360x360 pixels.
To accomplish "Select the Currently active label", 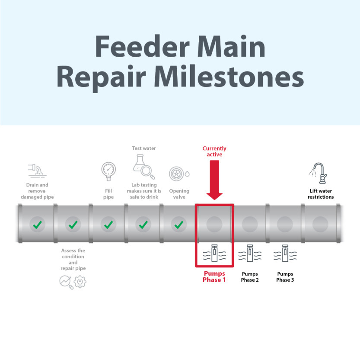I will tap(214, 151).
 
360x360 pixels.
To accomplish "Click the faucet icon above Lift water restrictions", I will tap(319, 173).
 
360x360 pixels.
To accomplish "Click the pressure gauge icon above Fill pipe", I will tap(108, 171).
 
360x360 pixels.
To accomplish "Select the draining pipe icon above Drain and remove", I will tap(37, 170).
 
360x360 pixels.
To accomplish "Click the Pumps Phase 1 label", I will tap(214, 276).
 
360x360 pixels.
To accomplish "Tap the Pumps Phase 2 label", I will tap(250, 277).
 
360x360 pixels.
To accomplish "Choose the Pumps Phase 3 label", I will tap(285, 277).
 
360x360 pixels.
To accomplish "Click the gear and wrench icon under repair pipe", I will tap(80, 282).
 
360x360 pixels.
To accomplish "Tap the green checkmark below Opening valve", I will tap(178, 225).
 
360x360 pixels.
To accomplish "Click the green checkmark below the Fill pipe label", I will tap(108, 225).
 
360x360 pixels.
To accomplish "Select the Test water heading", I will tap(144, 148).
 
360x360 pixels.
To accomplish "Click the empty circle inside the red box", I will tap(214, 224).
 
